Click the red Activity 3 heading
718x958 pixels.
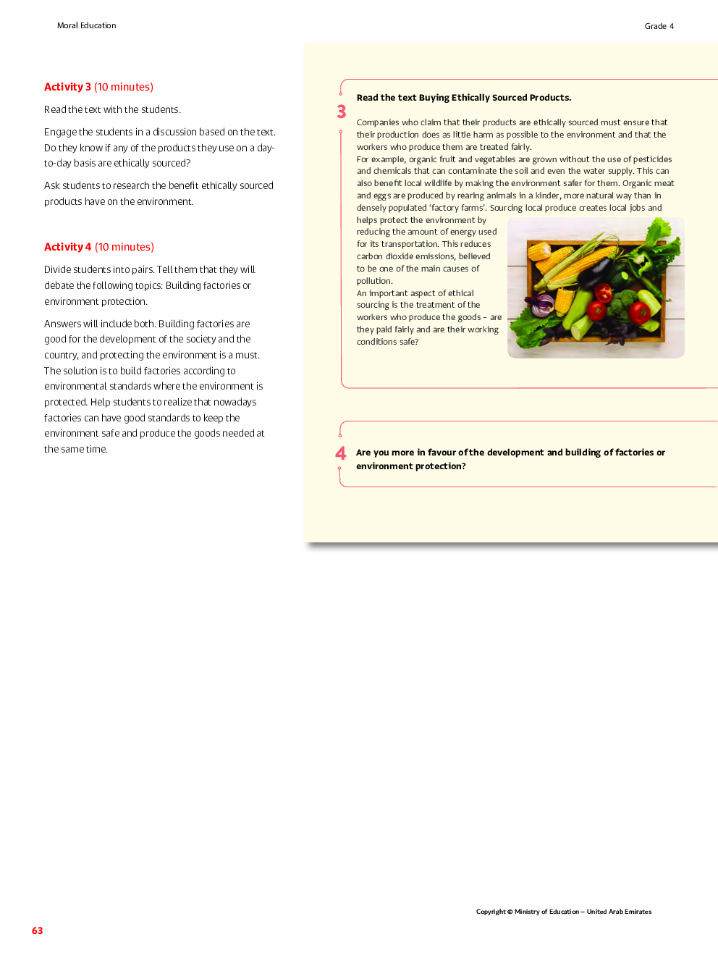click(67, 87)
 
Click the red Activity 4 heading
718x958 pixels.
click(67, 247)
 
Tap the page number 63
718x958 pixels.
click(37, 930)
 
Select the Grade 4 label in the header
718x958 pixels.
click(659, 26)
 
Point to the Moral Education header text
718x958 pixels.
click(86, 25)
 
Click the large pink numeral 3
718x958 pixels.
click(342, 112)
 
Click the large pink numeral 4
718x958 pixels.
click(341, 453)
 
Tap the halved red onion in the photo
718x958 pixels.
click(541, 305)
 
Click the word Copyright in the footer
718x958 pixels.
click(490, 912)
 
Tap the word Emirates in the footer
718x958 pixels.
click(638, 912)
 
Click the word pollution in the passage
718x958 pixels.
click(374, 281)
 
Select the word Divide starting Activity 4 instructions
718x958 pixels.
click(57, 269)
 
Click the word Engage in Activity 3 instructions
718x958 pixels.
click(60, 132)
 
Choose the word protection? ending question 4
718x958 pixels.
click(441, 466)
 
